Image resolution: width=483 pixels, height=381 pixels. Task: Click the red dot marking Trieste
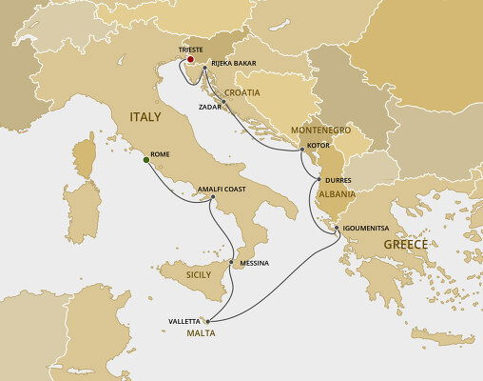(x=192, y=67)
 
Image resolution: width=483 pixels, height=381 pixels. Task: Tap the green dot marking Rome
(x=145, y=160)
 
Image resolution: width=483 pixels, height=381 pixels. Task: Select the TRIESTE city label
(x=192, y=56)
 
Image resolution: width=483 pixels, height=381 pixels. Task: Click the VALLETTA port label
(x=184, y=322)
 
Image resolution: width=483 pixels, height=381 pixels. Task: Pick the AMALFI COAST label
(x=222, y=189)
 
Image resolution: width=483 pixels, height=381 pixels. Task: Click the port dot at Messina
(x=232, y=262)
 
